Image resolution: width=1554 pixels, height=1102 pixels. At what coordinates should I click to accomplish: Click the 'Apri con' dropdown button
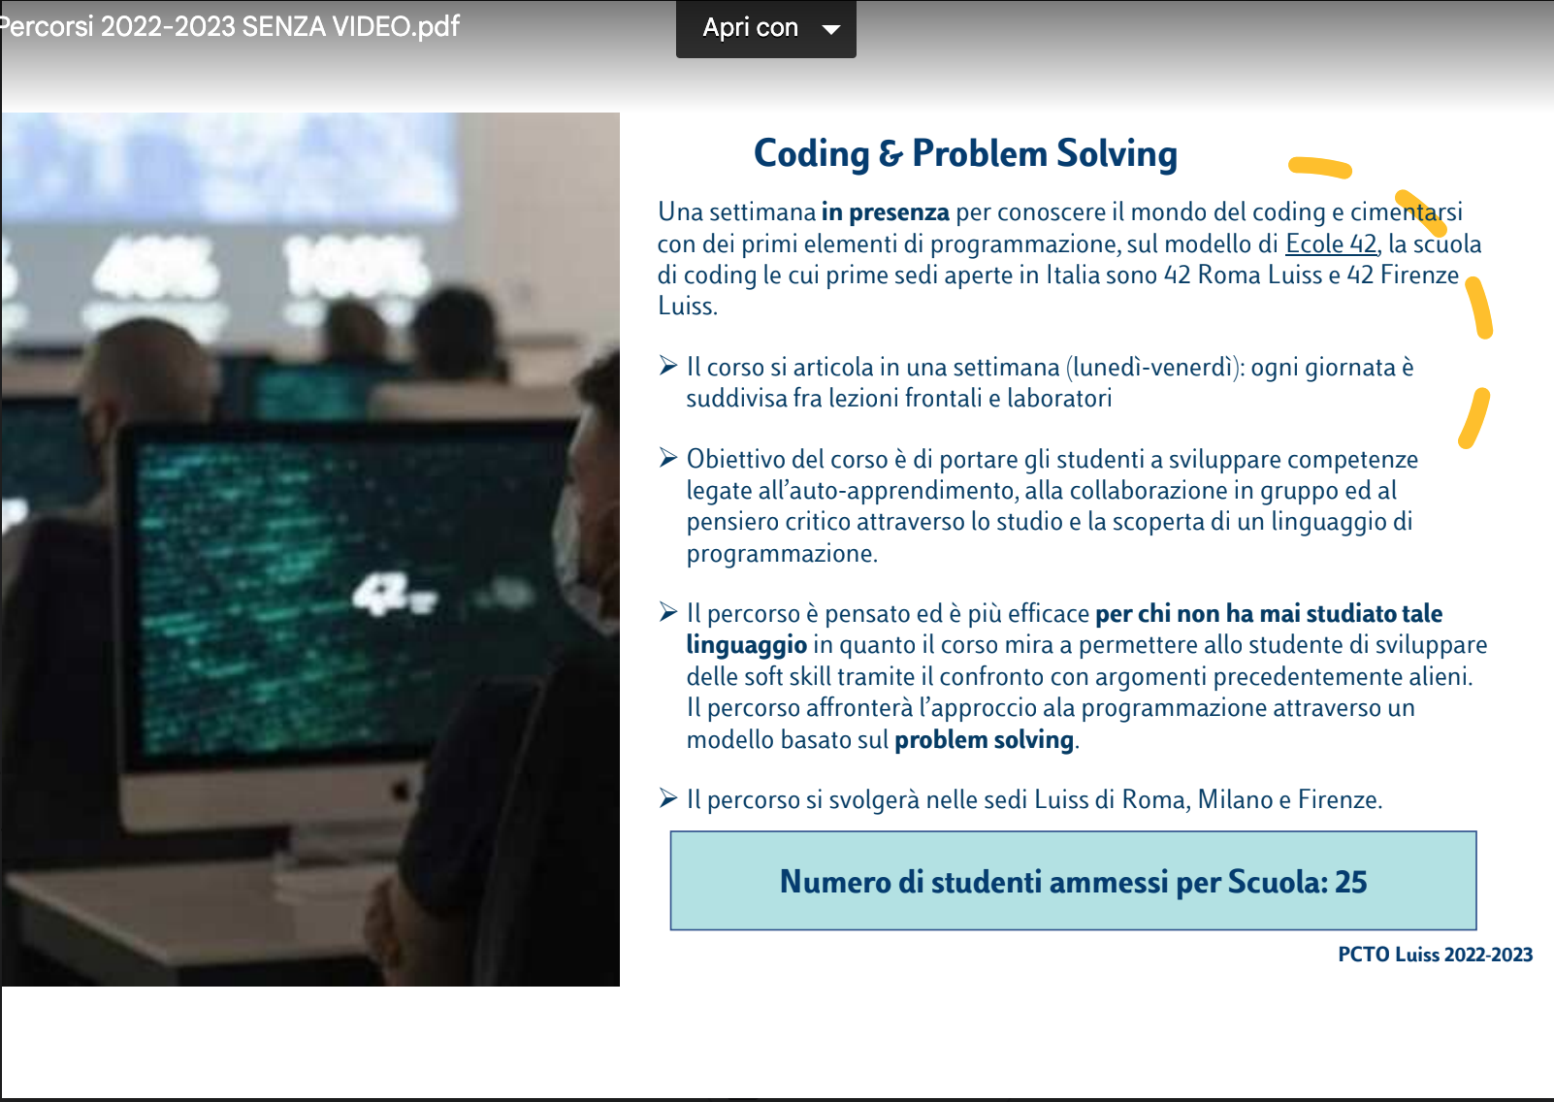[766, 28]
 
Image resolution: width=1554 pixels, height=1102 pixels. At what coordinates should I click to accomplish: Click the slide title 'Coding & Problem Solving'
[965, 153]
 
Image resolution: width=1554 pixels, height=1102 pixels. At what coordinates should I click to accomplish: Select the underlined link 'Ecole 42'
[1331, 243]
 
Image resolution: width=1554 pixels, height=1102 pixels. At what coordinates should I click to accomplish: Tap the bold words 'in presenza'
[886, 211]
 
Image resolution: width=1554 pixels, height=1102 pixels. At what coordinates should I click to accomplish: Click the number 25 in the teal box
[1350, 882]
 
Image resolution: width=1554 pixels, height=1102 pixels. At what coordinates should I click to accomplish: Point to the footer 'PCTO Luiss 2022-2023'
[1435, 955]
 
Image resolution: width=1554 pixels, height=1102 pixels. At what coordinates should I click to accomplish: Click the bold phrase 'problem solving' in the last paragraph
[984, 740]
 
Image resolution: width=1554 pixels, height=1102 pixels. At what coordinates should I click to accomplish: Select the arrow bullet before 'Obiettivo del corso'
[668, 458]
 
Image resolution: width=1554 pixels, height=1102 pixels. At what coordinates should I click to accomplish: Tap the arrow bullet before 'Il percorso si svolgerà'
[668, 798]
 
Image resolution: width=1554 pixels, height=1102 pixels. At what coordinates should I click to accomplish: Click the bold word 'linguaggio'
[747, 646]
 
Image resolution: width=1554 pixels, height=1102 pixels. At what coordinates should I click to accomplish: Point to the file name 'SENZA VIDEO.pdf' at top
[350, 26]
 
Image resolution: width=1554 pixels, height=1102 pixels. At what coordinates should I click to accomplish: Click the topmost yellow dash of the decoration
[1320, 168]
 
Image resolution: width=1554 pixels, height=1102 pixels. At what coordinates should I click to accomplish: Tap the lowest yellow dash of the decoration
[1474, 418]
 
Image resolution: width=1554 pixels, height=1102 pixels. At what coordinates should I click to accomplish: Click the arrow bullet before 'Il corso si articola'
[668, 365]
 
